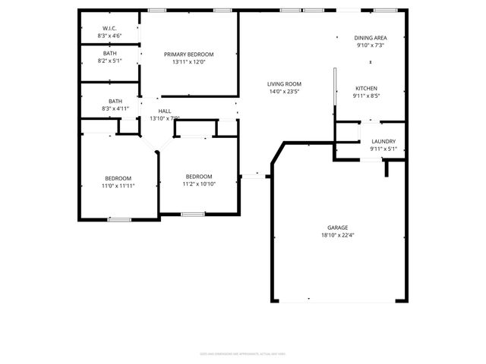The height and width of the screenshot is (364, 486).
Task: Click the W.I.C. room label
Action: tap(110, 28)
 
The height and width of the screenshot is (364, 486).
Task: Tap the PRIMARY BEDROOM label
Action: tap(189, 55)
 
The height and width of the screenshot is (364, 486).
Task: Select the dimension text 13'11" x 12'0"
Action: tap(189, 62)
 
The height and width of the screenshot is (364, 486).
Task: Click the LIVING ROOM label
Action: tap(284, 83)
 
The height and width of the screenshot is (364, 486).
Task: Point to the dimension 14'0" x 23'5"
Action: tap(284, 91)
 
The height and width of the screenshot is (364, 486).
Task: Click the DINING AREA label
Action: tap(371, 38)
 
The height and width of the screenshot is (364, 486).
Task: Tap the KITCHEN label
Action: tap(365, 89)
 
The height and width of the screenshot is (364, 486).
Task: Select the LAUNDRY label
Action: tap(383, 142)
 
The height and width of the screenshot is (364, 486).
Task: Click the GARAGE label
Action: tap(337, 227)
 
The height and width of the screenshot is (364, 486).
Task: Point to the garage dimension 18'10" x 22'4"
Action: tap(337, 235)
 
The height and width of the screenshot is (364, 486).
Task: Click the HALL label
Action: tap(164, 111)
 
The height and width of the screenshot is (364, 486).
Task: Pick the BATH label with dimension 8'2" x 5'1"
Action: tap(110, 53)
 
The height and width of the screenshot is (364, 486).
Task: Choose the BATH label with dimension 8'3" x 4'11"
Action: tap(115, 101)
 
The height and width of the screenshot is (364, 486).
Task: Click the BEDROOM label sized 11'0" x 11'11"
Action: tap(118, 178)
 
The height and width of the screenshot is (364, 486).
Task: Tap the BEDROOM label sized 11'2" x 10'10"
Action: tap(198, 176)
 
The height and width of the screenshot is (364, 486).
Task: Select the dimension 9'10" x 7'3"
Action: tap(371, 45)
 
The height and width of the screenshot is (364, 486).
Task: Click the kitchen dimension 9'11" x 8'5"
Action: tap(365, 96)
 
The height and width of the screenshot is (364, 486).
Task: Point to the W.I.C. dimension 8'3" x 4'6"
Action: tap(110, 36)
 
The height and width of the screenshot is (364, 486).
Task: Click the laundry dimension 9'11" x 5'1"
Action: tap(383, 149)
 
